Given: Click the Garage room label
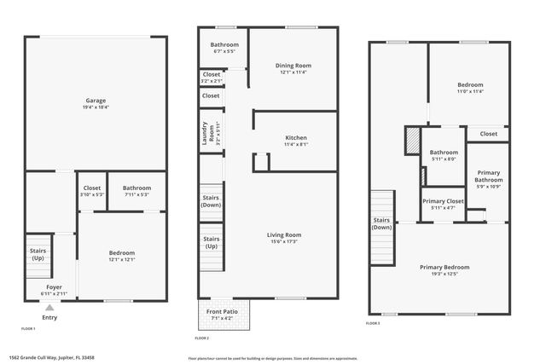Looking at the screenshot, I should coord(96,101).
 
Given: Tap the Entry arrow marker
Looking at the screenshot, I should coord(49,309).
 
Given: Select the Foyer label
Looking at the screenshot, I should coord(54,287).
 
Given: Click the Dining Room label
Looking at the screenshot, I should coord(293,66).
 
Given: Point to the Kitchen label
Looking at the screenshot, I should coord(296,137).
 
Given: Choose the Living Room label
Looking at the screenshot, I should coord(285,234).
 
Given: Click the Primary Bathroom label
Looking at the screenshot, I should coord(489,176).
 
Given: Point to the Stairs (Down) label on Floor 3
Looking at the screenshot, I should coord(382,223).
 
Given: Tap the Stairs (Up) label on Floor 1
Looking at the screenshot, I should coord(38,253).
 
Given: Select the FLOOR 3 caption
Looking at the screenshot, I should coord(373,323).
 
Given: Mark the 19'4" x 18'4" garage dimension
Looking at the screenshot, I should coord(96,107).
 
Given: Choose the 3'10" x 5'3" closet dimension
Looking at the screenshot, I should coord(92,194).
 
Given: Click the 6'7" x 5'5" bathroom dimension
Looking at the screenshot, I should coord(225,51).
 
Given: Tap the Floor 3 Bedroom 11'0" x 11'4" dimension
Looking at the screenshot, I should coord(470,91).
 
